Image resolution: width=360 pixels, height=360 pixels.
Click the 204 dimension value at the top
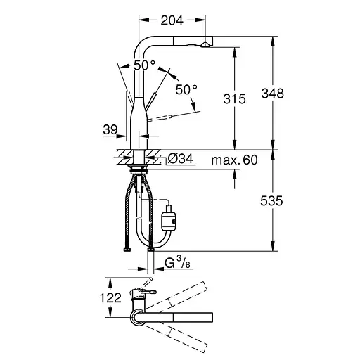point(172,20)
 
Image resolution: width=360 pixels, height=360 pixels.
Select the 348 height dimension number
point(273,94)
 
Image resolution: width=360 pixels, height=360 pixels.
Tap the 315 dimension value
point(234,98)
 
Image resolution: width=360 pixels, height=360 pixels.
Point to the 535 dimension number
point(271,201)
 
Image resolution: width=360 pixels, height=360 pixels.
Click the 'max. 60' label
point(234,160)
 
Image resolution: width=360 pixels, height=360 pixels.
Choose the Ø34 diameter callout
point(181,159)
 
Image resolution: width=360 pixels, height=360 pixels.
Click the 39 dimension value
point(110,129)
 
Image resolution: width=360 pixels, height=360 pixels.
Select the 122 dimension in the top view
point(110,297)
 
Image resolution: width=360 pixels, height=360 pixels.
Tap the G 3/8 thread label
point(177,262)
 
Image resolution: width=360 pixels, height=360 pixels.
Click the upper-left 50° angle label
point(144,65)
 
